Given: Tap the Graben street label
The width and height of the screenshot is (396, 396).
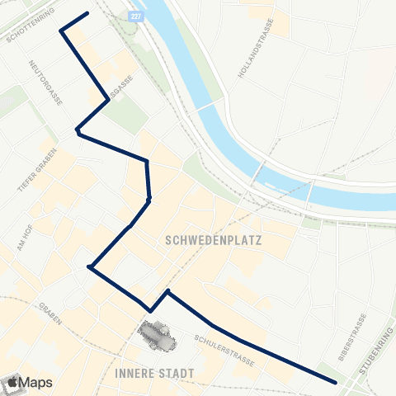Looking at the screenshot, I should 49,313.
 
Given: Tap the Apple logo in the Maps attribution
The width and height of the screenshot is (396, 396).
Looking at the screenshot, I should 13,381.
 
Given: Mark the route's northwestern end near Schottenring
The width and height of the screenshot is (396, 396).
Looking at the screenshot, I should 87,14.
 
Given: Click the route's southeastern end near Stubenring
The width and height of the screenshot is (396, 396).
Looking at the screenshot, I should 336,382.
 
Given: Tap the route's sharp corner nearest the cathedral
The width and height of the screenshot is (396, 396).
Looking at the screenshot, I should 150,310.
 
